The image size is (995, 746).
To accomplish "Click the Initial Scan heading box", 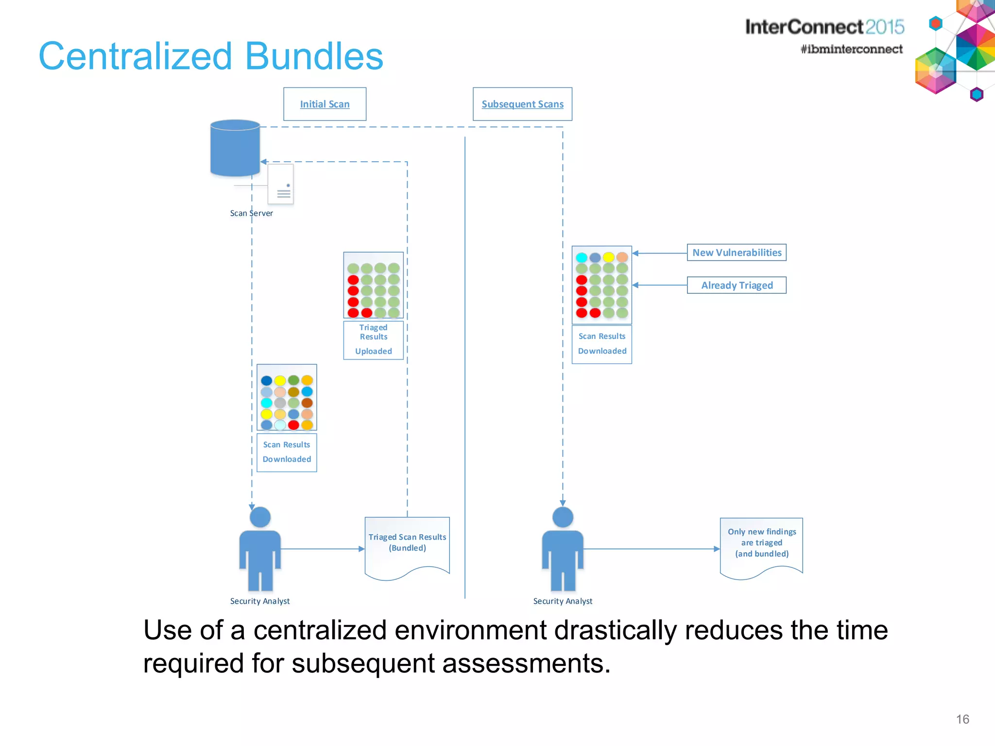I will point(325,104).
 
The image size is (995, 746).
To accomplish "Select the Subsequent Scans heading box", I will point(522,104).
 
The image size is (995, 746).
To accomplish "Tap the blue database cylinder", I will point(235,148).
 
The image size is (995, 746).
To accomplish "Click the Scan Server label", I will point(251,213).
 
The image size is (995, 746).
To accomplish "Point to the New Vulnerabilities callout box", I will point(737,253).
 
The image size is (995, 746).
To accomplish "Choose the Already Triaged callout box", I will point(737,285).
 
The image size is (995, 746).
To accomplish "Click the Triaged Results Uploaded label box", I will point(373,340).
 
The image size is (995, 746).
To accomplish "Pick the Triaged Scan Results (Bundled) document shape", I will point(407,546).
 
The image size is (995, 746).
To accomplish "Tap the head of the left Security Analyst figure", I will point(260,517).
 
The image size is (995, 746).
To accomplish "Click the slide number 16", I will point(962,719).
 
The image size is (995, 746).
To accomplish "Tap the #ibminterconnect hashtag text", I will point(851,49).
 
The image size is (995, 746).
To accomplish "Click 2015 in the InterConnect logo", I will point(884,27).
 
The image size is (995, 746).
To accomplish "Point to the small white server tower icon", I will point(281,185).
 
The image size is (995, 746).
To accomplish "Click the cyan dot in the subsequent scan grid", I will point(582,257).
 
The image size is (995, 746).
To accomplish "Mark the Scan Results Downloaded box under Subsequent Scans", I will point(602,344).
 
